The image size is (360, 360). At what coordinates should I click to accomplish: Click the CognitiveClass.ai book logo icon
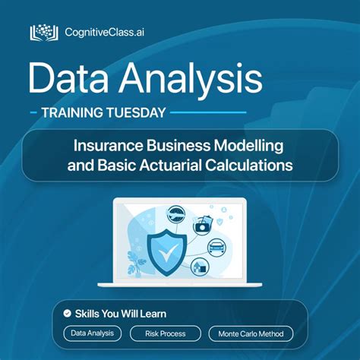coord(44,33)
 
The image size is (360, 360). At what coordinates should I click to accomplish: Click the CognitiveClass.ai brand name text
coord(105,33)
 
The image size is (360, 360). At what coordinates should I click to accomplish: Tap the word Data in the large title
coord(70,78)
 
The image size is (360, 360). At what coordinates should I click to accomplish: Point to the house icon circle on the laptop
coord(201,267)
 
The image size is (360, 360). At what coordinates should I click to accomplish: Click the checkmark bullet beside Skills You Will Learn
coord(67,313)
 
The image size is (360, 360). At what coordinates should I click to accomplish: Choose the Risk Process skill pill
coord(166,333)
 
